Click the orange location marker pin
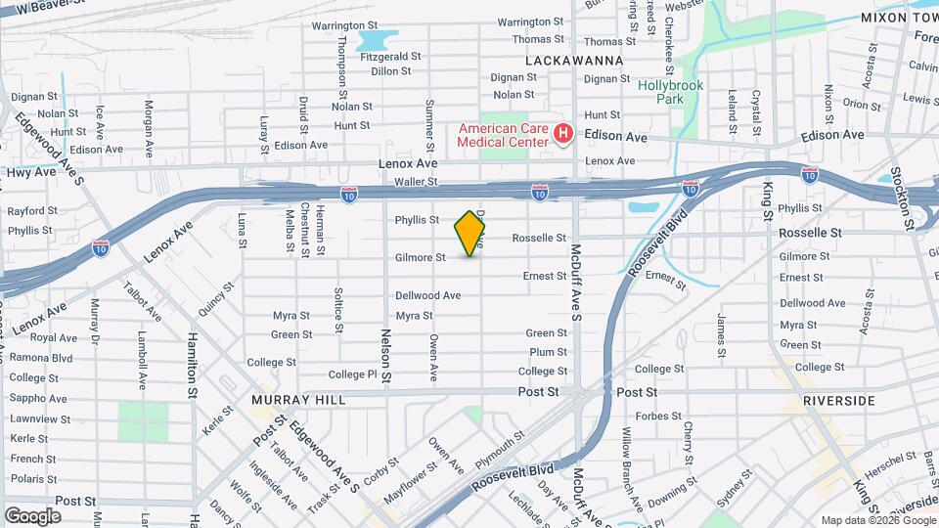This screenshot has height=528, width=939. pyautogui.click(x=470, y=234)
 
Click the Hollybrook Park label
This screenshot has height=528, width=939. pyautogui.click(x=671, y=92)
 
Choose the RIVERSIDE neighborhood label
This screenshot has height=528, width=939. pyautogui.click(x=838, y=401)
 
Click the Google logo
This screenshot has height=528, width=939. pyautogui.click(x=32, y=515)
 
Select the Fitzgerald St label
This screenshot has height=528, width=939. pyautogui.click(x=390, y=57)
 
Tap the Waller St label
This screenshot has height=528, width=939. pyautogui.click(x=415, y=182)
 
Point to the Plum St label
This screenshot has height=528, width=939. pyautogui.click(x=548, y=352)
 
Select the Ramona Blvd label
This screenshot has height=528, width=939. pyautogui.click(x=41, y=358)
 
